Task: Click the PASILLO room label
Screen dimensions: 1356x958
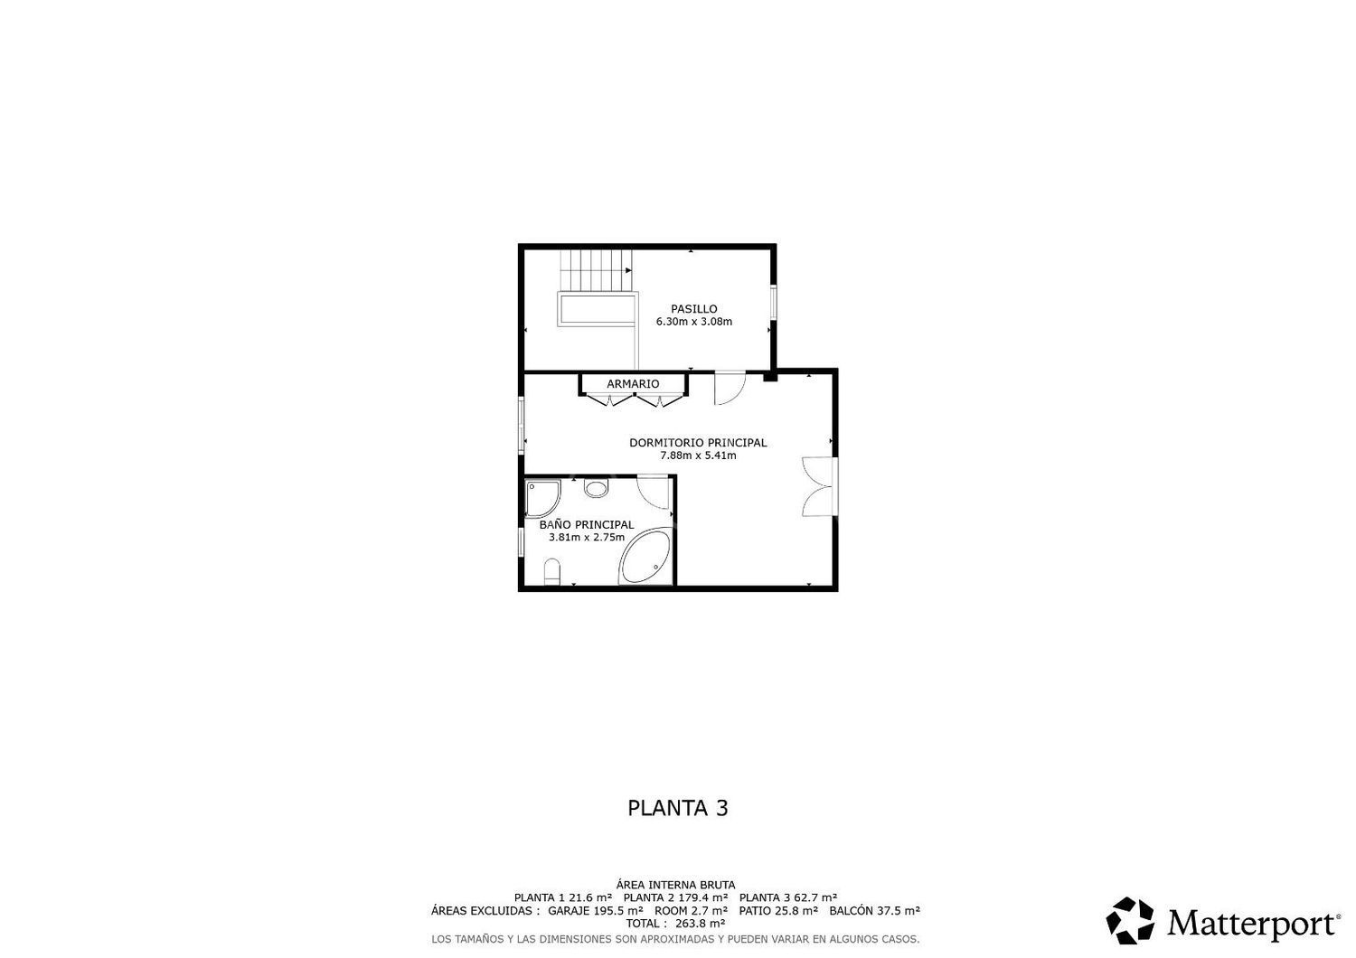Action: tap(693, 309)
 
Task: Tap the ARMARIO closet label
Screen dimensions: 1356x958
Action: tap(633, 384)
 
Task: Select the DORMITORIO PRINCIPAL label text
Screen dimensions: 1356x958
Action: tap(698, 442)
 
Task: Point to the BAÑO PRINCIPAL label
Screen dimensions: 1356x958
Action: tap(587, 524)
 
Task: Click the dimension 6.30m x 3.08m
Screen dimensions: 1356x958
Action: tap(693, 322)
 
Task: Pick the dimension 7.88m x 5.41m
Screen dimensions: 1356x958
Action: tap(698, 456)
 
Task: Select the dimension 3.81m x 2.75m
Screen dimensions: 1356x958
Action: tap(587, 537)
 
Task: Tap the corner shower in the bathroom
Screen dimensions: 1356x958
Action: tap(542, 498)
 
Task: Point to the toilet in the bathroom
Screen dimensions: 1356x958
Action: tap(551, 572)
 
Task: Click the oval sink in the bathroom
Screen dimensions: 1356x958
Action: tap(597, 488)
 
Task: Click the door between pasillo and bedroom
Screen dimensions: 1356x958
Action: tap(730, 388)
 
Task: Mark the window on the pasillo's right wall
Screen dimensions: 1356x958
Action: tap(773, 301)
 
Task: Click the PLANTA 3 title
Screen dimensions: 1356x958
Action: tap(677, 808)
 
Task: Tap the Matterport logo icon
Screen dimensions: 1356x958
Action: tap(1130, 920)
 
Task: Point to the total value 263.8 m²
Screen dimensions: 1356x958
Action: tap(700, 924)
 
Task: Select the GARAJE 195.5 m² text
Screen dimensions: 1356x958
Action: tap(595, 911)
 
